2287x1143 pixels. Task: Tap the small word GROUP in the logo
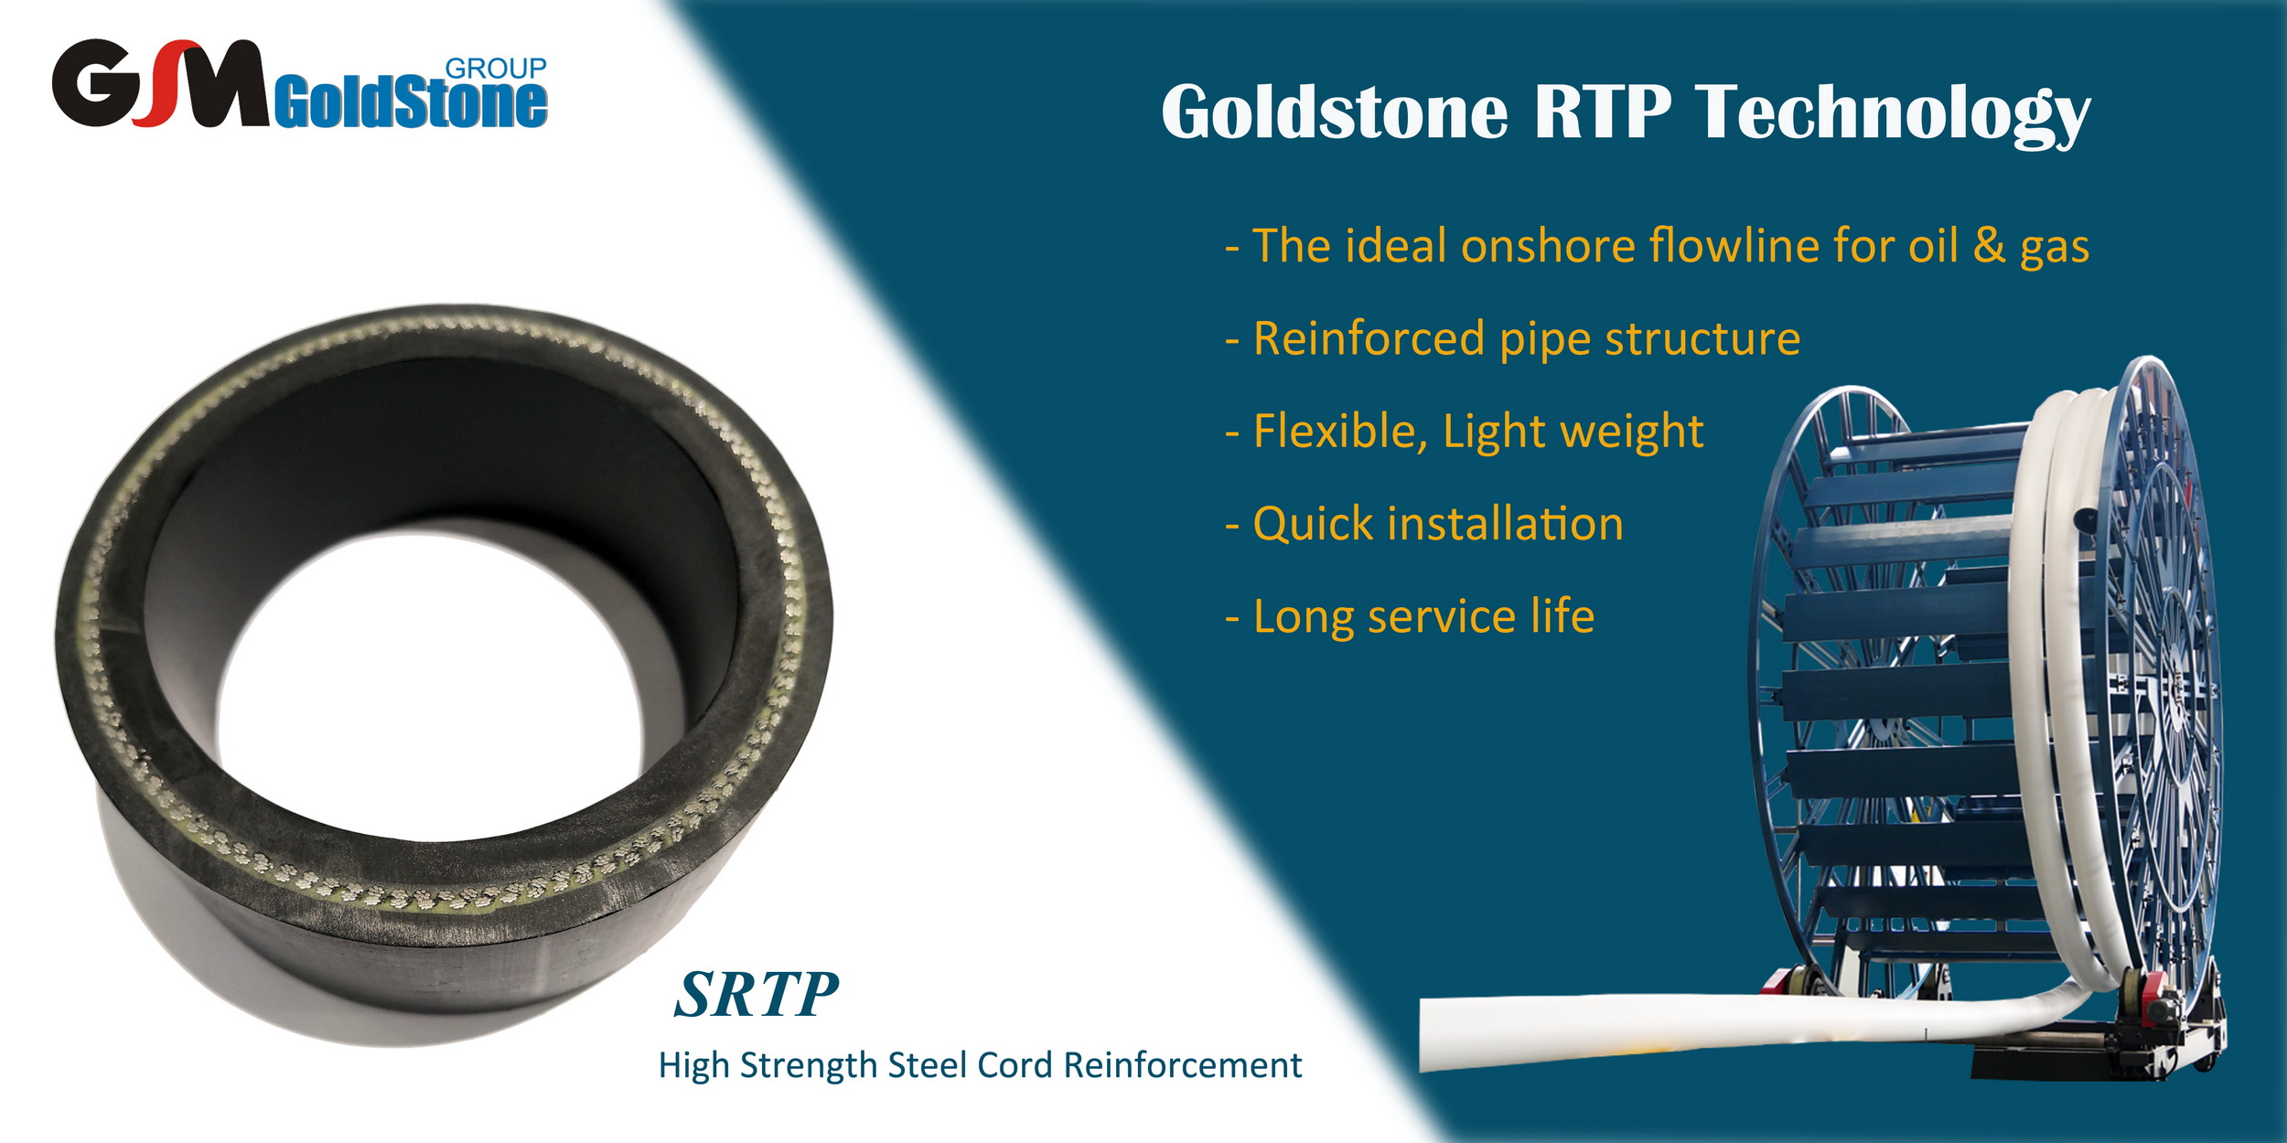point(496,69)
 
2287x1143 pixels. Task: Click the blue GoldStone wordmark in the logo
point(411,103)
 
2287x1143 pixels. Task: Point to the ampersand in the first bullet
point(1989,245)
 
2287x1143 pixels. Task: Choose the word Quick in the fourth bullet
point(1314,525)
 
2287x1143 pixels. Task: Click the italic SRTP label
point(757,994)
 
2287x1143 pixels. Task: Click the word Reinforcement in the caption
point(1183,1065)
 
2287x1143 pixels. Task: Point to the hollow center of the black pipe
point(430,686)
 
